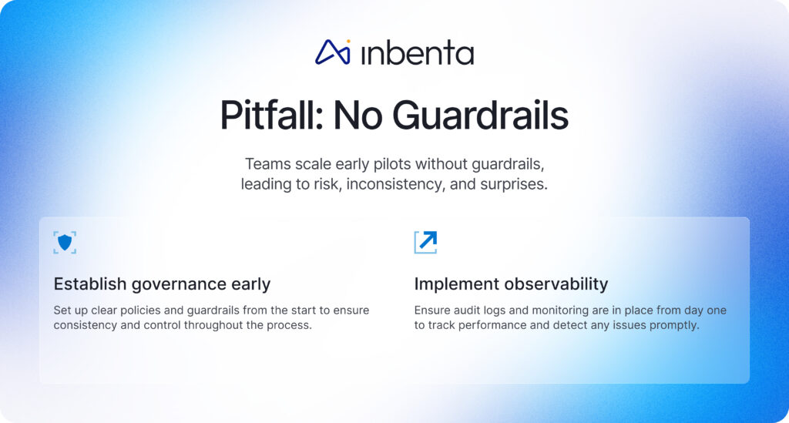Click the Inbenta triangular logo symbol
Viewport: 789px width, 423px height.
(332, 52)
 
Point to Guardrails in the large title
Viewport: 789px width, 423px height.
(480, 116)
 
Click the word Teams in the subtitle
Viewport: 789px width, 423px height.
(267, 164)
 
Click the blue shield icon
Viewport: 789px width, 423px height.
(65, 242)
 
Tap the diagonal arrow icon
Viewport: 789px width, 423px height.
(425, 242)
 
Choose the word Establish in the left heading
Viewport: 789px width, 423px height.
(89, 284)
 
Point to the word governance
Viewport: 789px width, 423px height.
(179, 284)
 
